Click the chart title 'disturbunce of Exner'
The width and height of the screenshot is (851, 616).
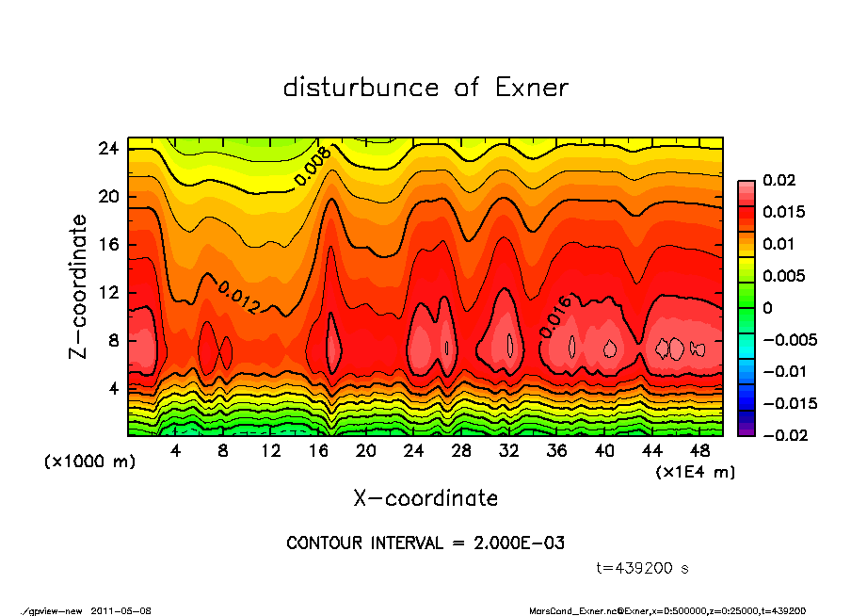[425, 88]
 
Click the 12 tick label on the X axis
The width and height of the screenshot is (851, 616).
[271, 451]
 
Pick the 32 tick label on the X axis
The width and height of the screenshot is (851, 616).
[509, 451]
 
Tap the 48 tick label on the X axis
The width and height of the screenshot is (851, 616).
[699, 451]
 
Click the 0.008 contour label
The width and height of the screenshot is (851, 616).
[312, 168]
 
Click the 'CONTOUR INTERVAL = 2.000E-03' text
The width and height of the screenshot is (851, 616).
[425, 543]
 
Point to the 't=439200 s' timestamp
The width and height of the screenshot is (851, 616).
[643, 569]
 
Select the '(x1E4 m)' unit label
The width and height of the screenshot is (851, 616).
[695, 471]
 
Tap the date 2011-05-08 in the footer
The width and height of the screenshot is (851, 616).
[121, 610]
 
